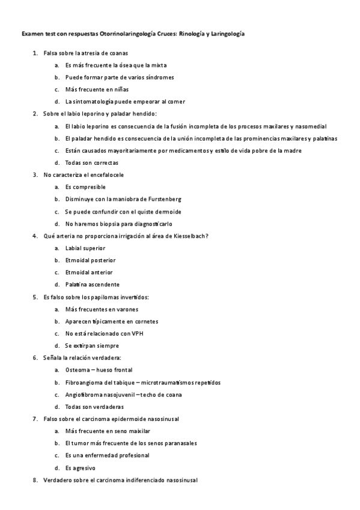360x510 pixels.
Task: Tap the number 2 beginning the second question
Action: coord(35,114)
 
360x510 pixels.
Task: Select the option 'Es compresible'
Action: coord(85,187)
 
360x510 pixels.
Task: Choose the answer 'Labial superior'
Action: coord(85,248)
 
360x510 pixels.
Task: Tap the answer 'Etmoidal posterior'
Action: coord(90,260)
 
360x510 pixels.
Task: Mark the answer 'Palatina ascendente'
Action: coord(92,284)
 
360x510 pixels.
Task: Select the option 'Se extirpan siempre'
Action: coord(92,346)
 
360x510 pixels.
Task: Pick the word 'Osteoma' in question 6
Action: coord(78,370)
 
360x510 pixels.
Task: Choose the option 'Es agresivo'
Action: coord(80,467)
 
